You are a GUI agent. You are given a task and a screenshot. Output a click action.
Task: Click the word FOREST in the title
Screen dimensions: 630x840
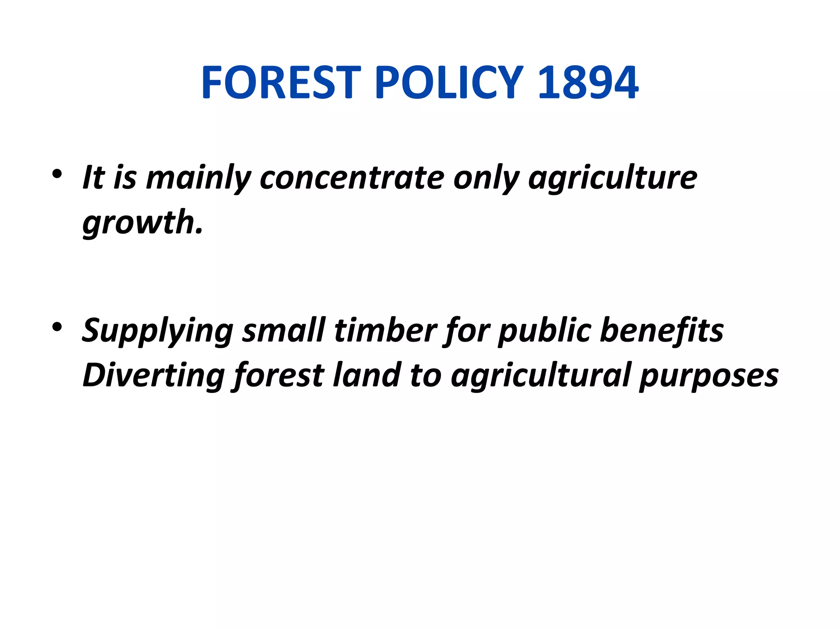coord(281,83)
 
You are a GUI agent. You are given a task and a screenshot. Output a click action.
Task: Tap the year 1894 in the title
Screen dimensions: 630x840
coord(588,83)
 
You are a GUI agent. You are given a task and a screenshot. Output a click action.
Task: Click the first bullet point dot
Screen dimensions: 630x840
coord(57,174)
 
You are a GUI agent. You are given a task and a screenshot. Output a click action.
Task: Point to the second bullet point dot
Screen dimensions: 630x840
coord(57,327)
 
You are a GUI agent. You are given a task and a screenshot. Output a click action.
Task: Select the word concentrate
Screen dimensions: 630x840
coord(352,178)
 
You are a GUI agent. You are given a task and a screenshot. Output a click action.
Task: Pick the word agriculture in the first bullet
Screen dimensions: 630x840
coord(613,179)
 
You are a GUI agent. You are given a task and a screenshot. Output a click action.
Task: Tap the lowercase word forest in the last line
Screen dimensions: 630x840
coord(278,375)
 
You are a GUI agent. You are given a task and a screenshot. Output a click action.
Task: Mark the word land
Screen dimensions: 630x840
coord(367,375)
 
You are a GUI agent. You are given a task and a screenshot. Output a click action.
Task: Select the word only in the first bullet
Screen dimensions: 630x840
coord(486,179)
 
